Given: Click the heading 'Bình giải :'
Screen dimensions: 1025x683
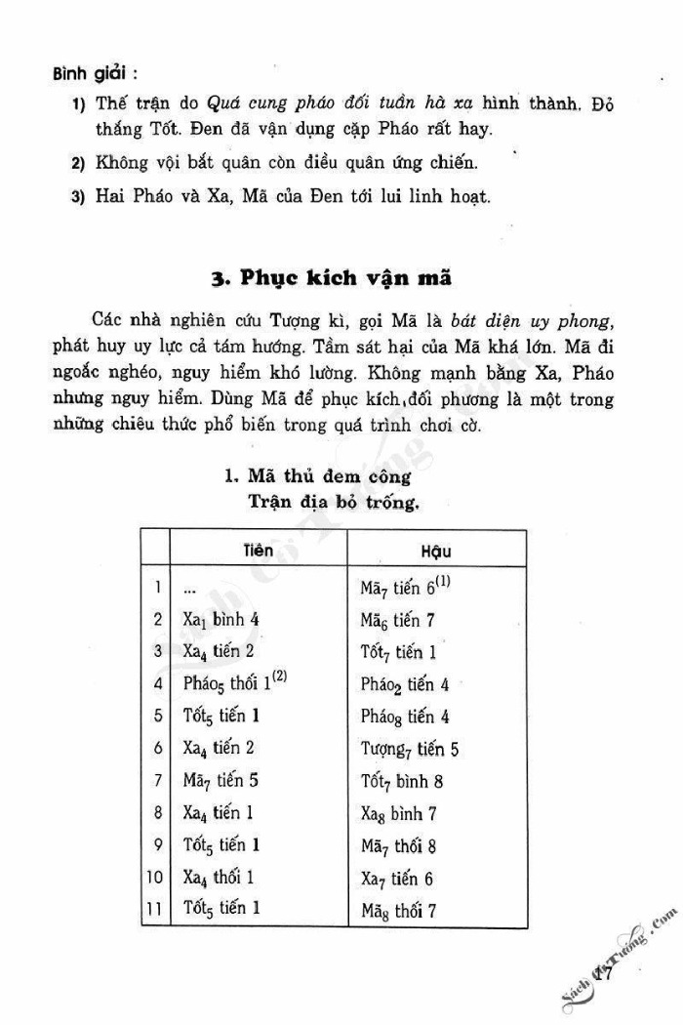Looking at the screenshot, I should pos(95,73).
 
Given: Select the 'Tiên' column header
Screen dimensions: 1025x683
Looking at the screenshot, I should pos(258,550).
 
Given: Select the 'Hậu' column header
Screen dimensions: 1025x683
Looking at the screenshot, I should pos(435,552).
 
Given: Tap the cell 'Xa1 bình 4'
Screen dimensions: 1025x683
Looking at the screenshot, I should pos(221,619).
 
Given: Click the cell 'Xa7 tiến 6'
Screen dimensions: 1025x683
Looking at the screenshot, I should pos(397,878).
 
